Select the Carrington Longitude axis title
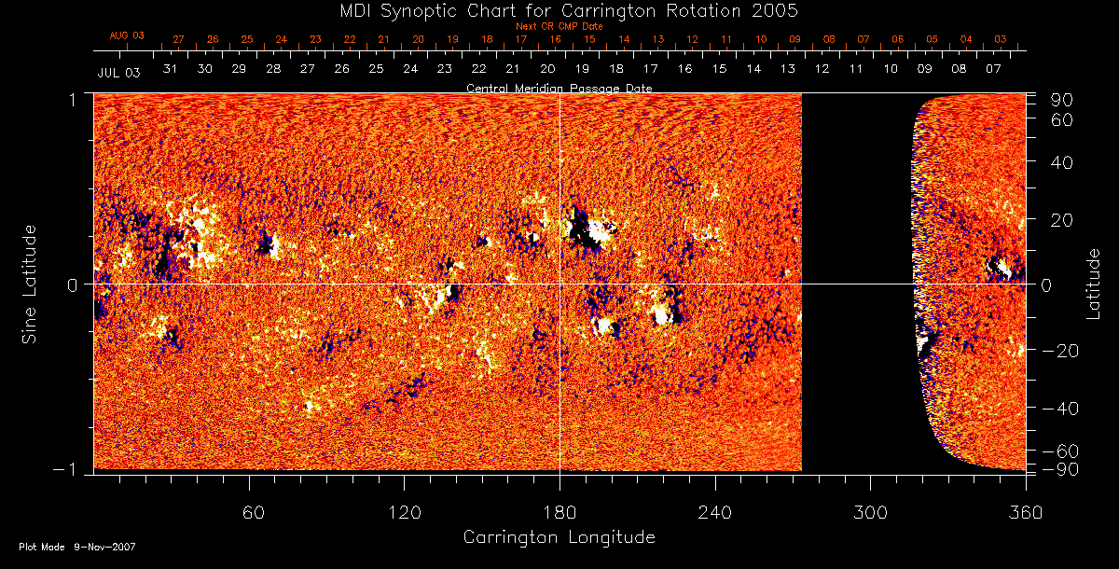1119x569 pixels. point(559,537)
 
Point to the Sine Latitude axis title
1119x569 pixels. point(31,283)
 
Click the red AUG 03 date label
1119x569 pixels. point(128,35)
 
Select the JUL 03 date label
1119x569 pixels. point(118,72)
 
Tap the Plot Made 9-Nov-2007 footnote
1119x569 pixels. point(77,547)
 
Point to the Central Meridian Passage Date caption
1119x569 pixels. point(559,88)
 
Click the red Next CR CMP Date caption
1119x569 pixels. point(559,26)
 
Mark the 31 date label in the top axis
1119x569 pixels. point(170,69)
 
